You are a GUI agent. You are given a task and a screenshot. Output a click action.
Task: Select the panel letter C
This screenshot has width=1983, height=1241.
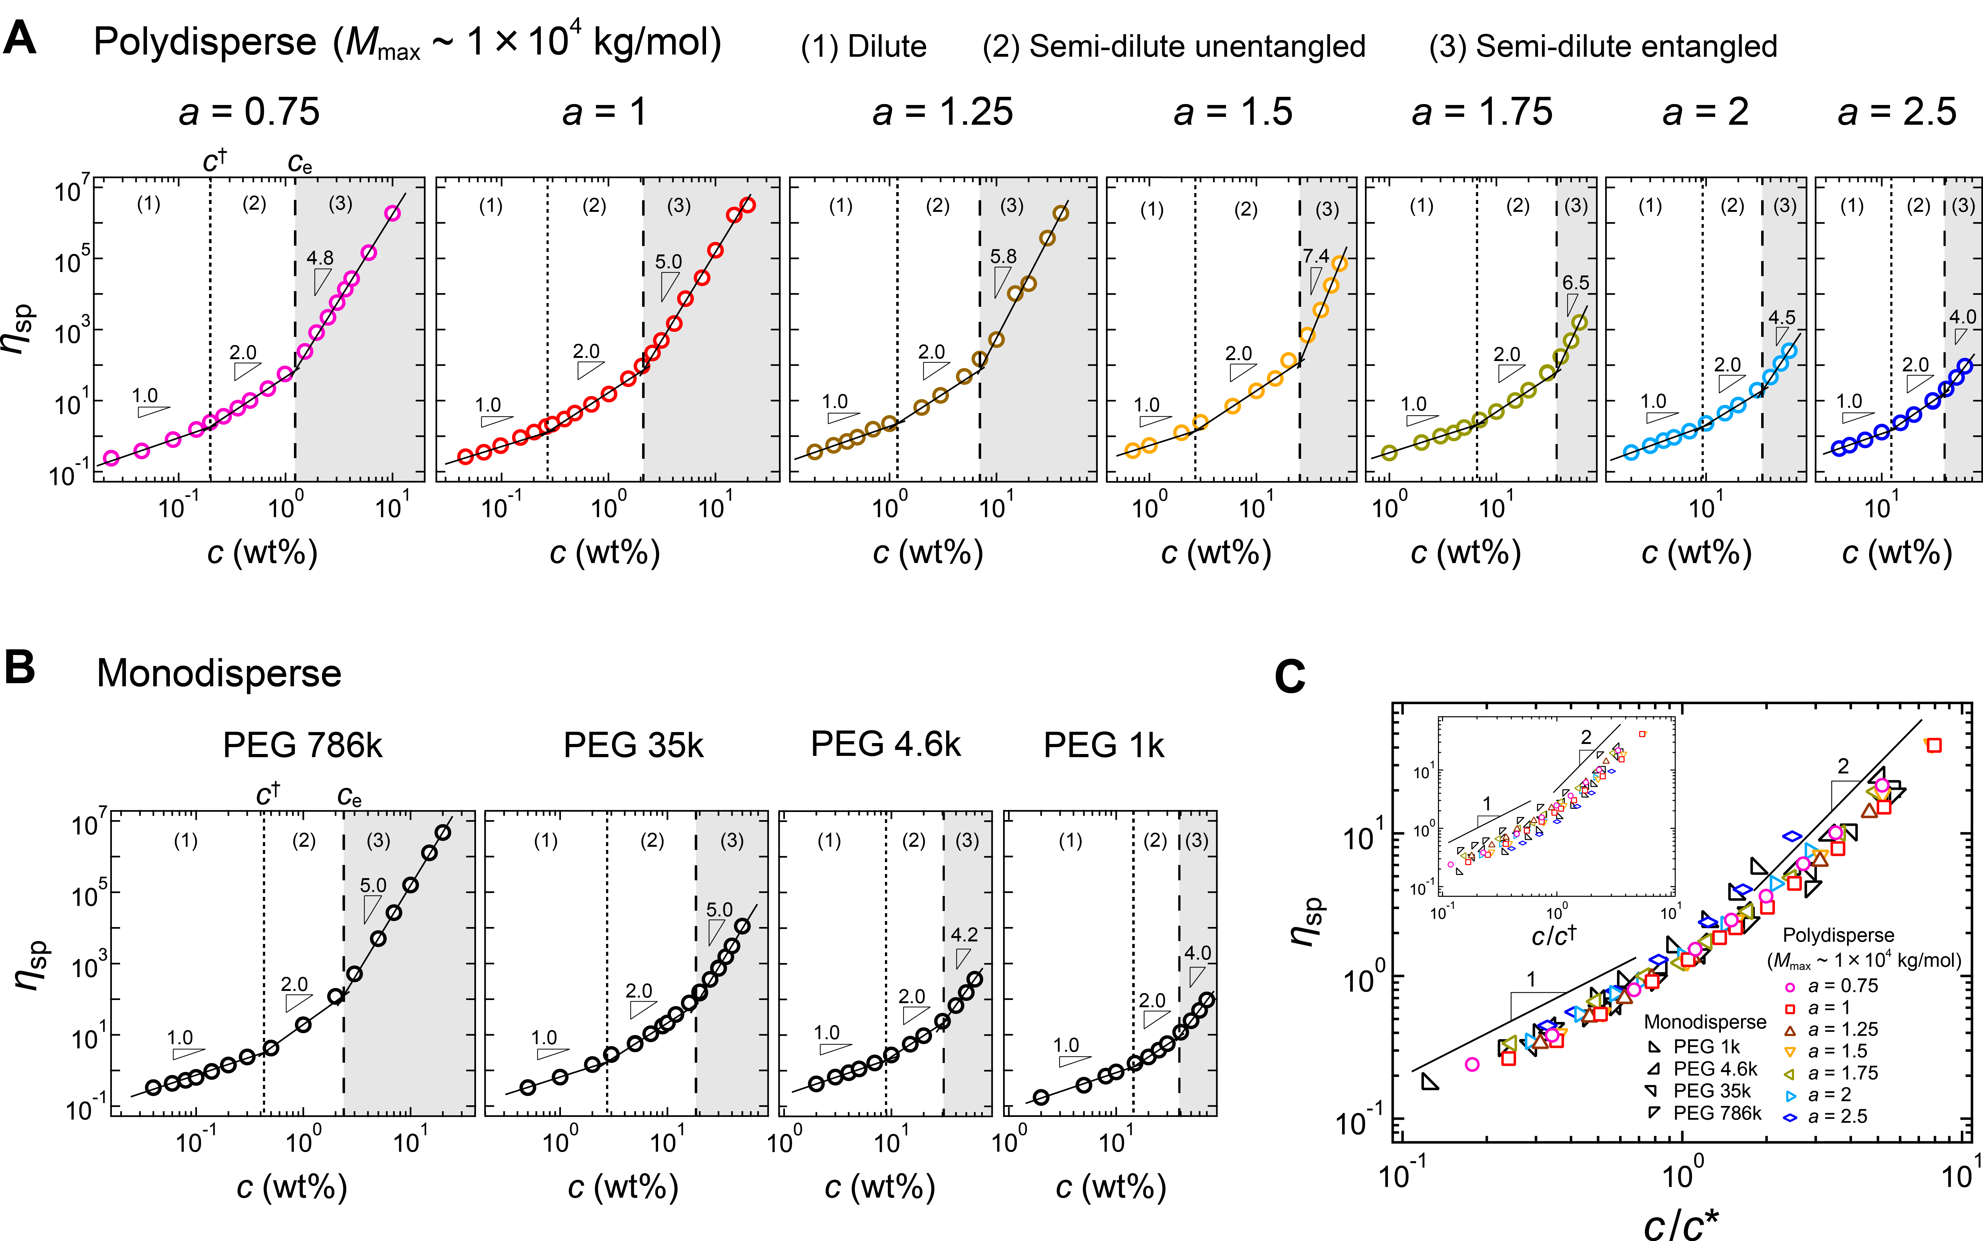1290,678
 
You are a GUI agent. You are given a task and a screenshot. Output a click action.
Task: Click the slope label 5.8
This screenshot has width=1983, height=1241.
1003,256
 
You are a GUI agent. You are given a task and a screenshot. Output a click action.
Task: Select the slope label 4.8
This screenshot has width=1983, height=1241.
320,258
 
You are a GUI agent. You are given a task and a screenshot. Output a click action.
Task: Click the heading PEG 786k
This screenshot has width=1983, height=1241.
303,745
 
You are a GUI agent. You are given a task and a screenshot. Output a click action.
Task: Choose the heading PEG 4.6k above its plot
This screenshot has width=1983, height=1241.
886,744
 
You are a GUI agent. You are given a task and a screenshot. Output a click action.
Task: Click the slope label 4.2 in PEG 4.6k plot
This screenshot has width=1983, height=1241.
965,935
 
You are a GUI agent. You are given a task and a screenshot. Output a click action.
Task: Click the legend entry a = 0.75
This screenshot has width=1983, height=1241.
1843,986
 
